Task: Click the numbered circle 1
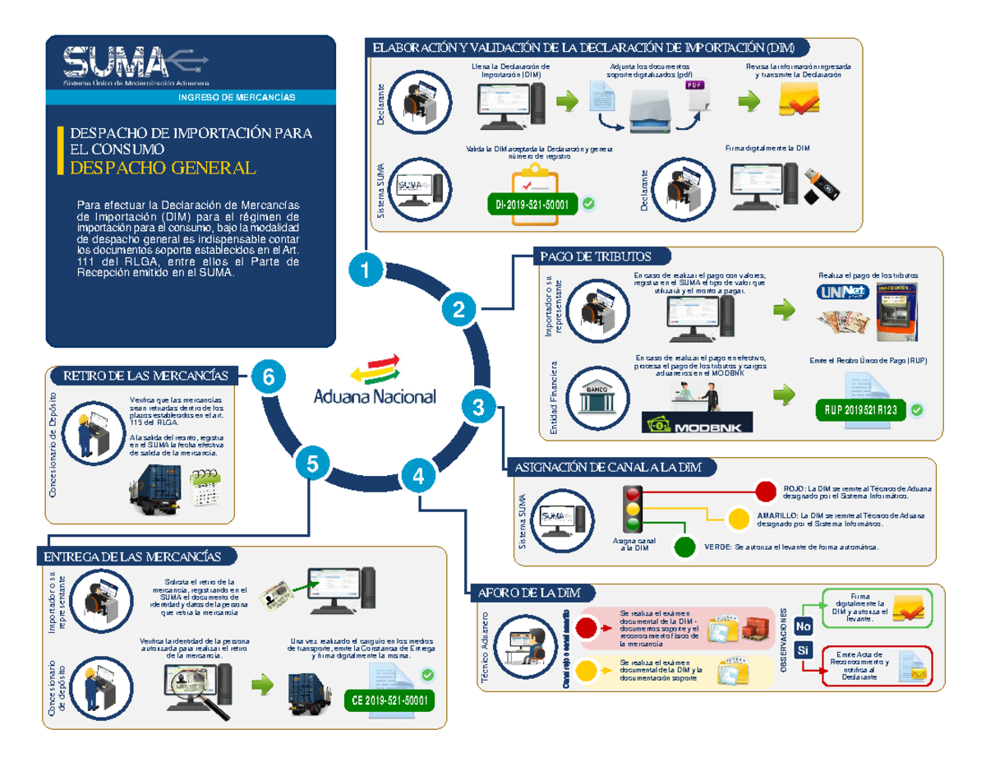[x=365, y=270]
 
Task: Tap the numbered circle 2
[x=458, y=310]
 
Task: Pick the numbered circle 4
[x=418, y=476]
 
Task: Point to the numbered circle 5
[x=311, y=464]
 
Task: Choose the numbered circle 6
[x=268, y=376]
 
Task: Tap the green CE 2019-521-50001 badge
[x=389, y=700]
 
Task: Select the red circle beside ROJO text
[x=765, y=492]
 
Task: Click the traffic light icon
[x=633, y=510]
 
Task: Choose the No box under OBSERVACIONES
[x=803, y=627]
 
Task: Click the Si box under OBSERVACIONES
[x=803, y=651]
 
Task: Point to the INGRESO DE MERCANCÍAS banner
[x=237, y=98]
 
